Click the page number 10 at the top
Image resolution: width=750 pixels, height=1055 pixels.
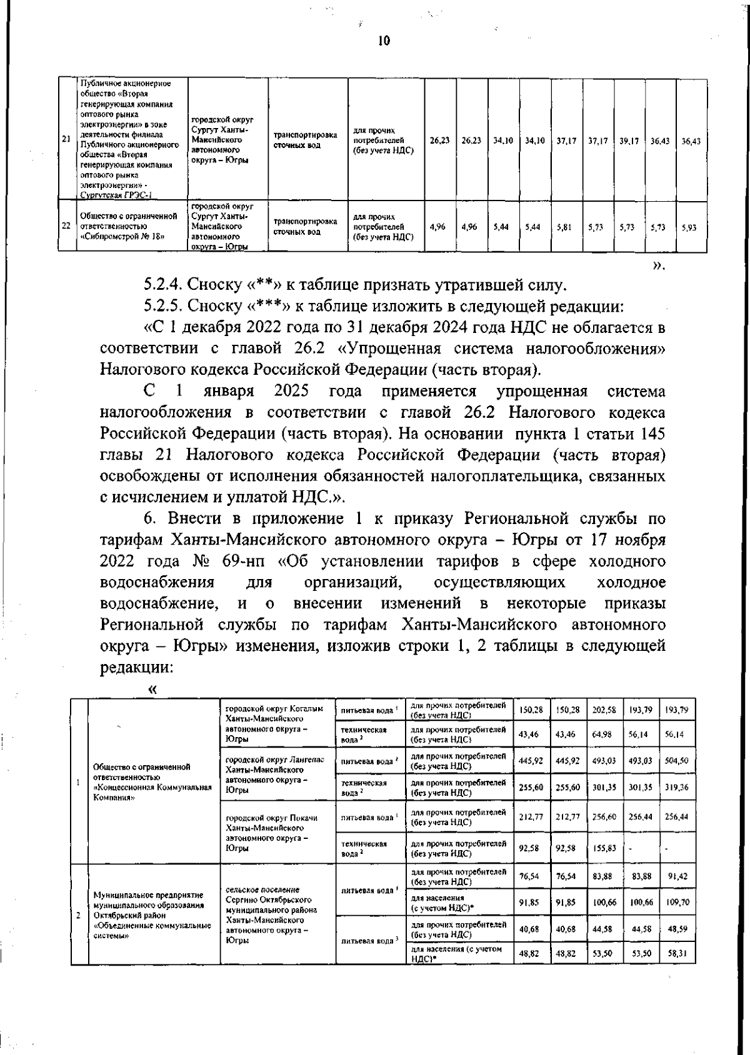click(384, 41)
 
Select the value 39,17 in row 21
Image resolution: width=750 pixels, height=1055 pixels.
click(629, 142)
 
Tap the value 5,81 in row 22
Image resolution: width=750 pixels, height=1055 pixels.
click(564, 228)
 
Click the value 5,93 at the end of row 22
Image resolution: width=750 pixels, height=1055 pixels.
click(689, 228)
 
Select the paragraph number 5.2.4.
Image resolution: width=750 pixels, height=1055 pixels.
click(162, 285)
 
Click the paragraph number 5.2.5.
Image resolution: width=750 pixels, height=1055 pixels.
click(162, 307)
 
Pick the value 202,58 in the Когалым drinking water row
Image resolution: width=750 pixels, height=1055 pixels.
click(604, 710)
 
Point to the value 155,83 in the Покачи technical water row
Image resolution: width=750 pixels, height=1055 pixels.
click(604, 848)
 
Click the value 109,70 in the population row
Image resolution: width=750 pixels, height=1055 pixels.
click(677, 903)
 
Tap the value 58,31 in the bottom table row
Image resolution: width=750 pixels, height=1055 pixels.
click(677, 954)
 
